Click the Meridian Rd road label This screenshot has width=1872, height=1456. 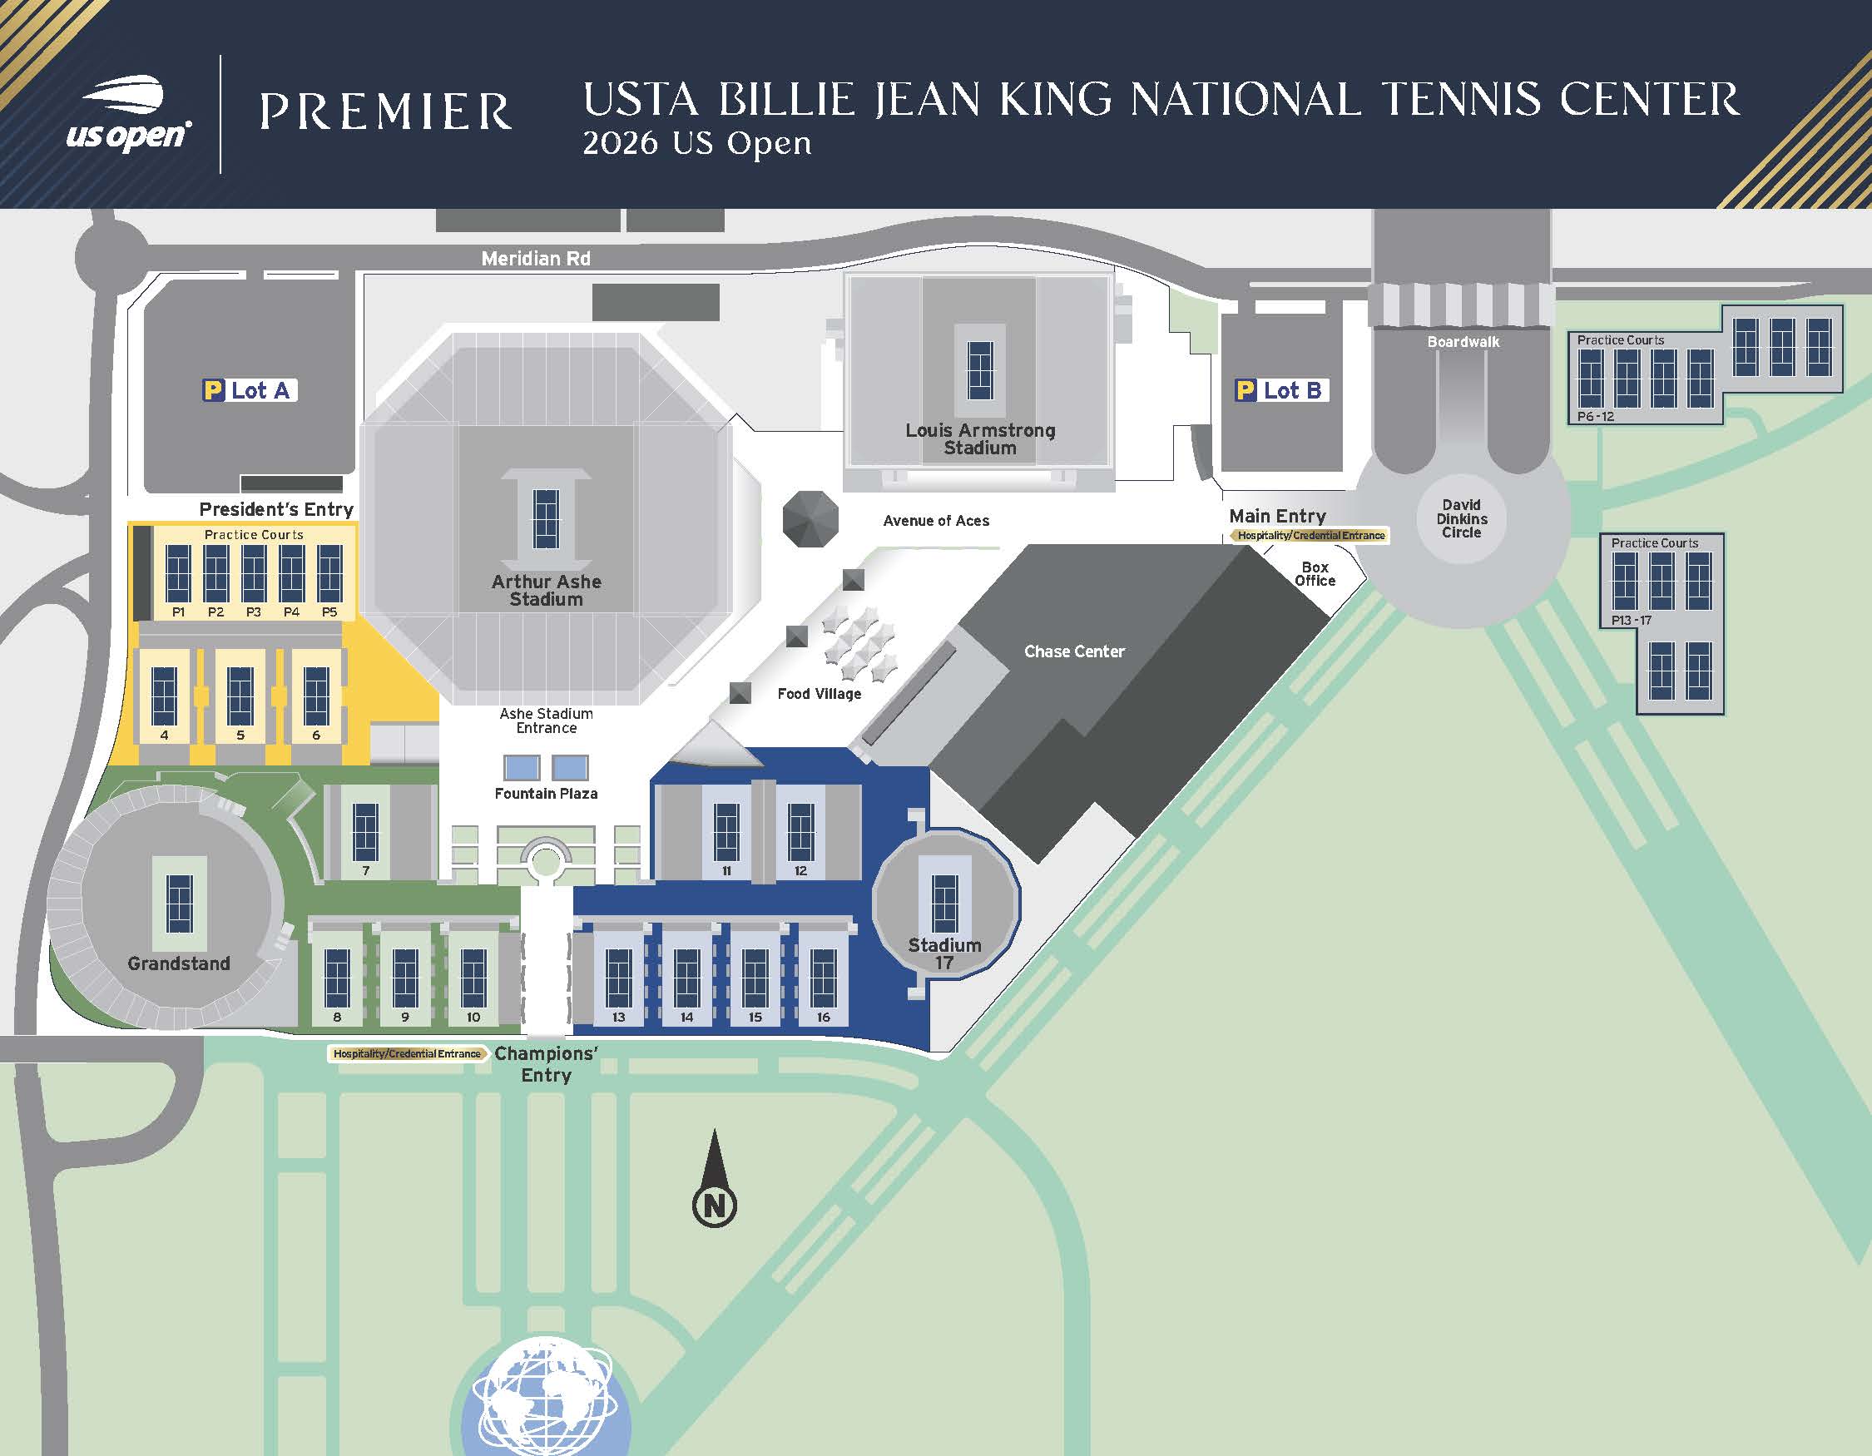[x=536, y=258]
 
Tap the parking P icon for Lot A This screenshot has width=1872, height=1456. [x=212, y=391]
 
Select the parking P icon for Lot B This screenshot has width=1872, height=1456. [x=1246, y=391]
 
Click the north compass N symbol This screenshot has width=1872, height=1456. [x=714, y=1205]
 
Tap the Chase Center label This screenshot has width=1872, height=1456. [x=1074, y=651]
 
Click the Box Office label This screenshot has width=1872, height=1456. [x=1315, y=574]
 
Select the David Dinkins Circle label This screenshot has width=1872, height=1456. [x=1462, y=518]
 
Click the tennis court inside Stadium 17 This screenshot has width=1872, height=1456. [x=944, y=904]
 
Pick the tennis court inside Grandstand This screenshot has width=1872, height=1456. [x=179, y=904]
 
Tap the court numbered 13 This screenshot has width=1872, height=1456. [x=619, y=978]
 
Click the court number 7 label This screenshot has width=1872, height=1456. [x=366, y=870]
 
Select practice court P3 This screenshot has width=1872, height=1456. [x=254, y=573]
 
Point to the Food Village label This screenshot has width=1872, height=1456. [x=819, y=694]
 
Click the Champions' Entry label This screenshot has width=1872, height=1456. [x=546, y=1064]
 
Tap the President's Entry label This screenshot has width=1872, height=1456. [x=276, y=509]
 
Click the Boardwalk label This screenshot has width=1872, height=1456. [x=1463, y=342]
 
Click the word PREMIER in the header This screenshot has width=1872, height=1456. [x=386, y=112]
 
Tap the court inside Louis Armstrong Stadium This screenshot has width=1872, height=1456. [x=980, y=371]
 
